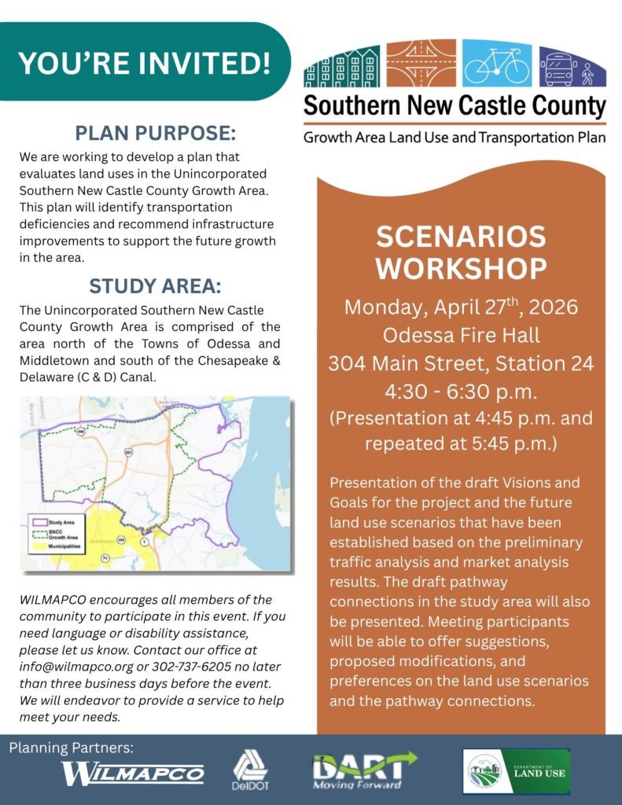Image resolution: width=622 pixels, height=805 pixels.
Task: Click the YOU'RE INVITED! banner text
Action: click(144, 63)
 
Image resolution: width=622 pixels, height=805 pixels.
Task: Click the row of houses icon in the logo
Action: click(342, 65)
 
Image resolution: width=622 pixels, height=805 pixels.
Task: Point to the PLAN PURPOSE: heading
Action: click(156, 132)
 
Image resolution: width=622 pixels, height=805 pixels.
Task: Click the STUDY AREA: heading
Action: click(156, 285)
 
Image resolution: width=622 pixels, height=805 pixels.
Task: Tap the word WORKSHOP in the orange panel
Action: click(461, 268)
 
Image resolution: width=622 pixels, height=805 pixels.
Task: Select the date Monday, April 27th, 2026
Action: click(461, 307)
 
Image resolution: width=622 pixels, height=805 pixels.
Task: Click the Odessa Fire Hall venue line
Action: click(461, 335)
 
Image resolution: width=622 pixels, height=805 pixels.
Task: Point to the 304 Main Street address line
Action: click(461, 363)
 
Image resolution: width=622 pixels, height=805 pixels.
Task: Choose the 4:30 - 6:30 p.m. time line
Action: click(461, 391)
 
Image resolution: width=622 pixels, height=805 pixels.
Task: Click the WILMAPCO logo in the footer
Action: click(133, 774)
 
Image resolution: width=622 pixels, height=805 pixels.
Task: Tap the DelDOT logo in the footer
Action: click(251, 772)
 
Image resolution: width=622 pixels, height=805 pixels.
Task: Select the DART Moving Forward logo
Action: click(363, 771)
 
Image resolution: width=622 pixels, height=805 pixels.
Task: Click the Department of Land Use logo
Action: click(516, 771)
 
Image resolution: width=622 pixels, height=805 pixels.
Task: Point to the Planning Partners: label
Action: click(72, 748)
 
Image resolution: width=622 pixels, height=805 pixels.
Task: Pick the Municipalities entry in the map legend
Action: click(66, 545)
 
